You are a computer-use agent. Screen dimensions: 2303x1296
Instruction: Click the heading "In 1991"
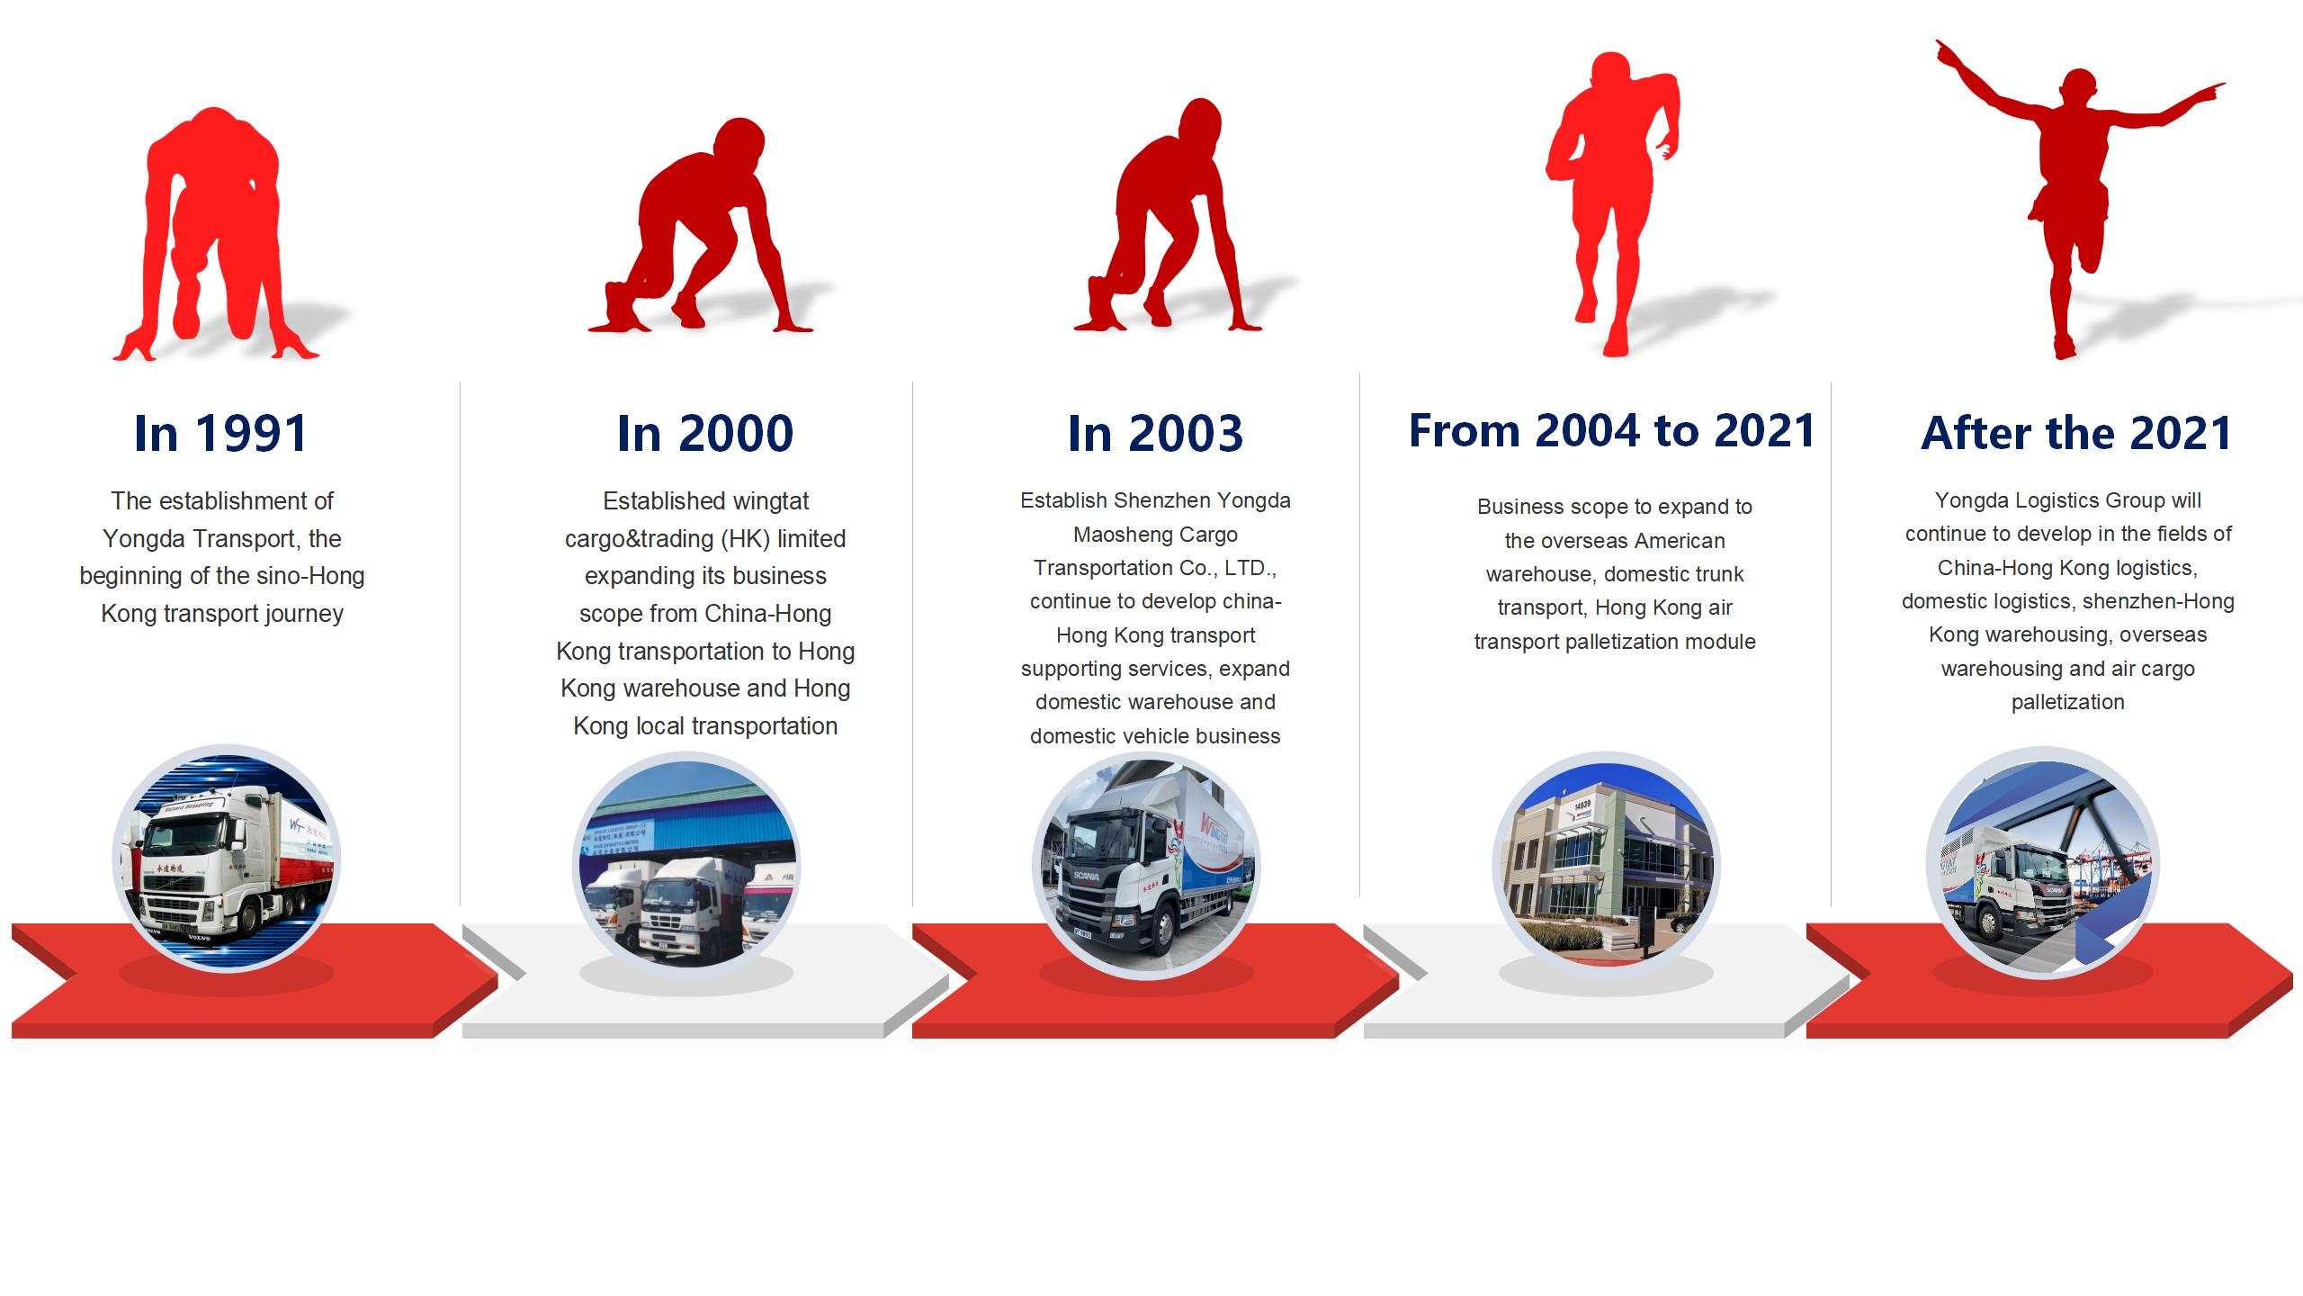(x=221, y=433)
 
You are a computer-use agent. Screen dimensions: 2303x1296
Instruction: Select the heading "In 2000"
(x=705, y=433)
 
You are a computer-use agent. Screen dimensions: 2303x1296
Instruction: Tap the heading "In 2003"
(x=1155, y=433)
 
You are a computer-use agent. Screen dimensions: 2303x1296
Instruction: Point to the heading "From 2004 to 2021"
(x=1612, y=430)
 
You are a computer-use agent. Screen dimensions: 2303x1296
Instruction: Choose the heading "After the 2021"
(x=2076, y=433)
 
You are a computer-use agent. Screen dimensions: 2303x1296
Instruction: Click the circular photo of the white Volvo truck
(x=226, y=859)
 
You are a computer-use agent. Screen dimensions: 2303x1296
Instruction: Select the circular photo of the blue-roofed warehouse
(x=686, y=865)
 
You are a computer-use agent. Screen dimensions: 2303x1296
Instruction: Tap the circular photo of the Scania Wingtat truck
(x=1146, y=866)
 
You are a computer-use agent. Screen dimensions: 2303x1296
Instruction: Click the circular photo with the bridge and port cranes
(x=2041, y=862)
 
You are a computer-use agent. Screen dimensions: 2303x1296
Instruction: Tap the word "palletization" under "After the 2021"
(x=2067, y=702)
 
